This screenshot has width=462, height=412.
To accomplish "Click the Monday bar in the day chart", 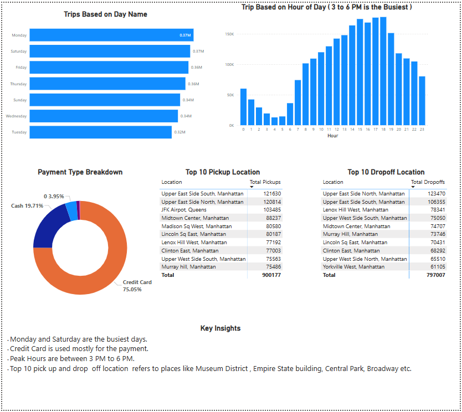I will coord(111,35).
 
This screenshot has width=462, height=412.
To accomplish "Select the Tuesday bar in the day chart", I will coord(100,132).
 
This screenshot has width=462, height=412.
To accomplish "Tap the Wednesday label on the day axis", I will coord(16,116).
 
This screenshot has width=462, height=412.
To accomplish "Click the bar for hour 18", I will coord(383,71).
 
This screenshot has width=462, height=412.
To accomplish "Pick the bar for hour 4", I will coord(274,121).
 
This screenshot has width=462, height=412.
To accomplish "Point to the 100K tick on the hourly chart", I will coord(229,65).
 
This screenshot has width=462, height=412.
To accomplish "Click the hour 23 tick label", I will coord(422,130).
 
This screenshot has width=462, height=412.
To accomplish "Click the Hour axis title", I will coord(332,136).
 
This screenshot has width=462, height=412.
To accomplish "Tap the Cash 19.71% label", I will coord(27,205).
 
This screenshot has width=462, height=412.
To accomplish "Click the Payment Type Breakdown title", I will coord(80,172).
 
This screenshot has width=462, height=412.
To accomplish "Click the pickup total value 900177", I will coord(271,275).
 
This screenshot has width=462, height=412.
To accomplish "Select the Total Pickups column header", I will coord(265,182).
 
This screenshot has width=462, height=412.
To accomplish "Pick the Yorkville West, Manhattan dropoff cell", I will coord(353,267).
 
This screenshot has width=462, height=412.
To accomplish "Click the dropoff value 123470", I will coord(435,194).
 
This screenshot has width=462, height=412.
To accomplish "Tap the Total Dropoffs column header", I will coord(428,182).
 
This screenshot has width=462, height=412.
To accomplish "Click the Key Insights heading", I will coord(220,328).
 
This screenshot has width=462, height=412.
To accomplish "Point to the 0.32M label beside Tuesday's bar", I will coord(179,132).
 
